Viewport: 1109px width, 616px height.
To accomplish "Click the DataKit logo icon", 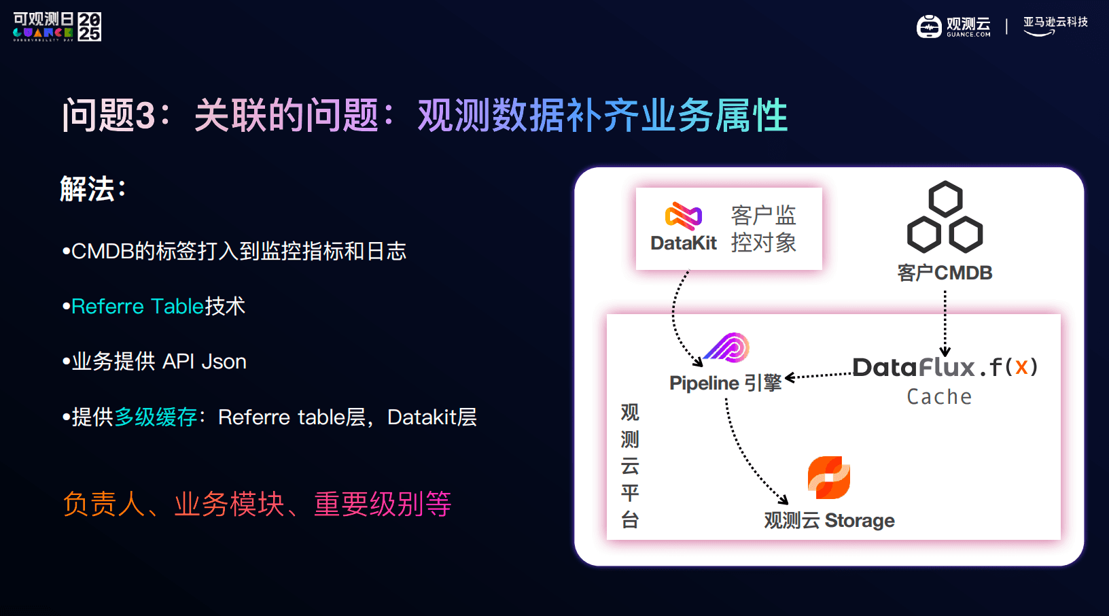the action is [x=683, y=216].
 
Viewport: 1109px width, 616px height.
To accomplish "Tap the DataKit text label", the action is [x=683, y=243].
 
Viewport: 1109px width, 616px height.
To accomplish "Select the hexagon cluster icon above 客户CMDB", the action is [x=945, y=217].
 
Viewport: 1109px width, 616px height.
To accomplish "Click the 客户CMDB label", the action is [x=945, y=273].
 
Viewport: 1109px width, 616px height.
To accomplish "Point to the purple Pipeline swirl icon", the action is [x=726, y=347].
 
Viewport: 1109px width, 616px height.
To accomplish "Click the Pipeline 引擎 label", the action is [x=725, y=383].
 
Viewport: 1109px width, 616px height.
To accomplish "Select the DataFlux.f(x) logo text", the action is [x=945, y=367].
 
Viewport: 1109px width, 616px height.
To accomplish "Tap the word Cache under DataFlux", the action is [x=939, y=396].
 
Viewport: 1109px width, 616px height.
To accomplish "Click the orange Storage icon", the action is [x=829, y=477].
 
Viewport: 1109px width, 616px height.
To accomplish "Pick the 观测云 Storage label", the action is [x=829, y=520].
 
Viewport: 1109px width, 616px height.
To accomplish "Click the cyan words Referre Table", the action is [x=138, y=307].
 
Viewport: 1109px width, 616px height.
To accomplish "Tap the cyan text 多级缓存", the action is [x=156, y=417].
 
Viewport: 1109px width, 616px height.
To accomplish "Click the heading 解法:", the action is [x=93, y=188].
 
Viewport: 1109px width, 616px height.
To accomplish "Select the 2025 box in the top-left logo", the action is [x=90, y=27].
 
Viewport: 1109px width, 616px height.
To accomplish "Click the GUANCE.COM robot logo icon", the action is [x=929, y=27].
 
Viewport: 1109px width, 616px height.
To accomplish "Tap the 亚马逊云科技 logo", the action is [x=1055, y=26].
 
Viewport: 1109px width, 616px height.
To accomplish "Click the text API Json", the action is [x=205, y=362].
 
